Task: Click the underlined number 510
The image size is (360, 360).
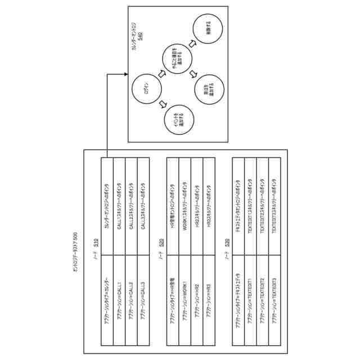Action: [96, 242]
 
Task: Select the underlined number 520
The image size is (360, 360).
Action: [162, 242]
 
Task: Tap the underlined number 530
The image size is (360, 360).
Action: [227, 242]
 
